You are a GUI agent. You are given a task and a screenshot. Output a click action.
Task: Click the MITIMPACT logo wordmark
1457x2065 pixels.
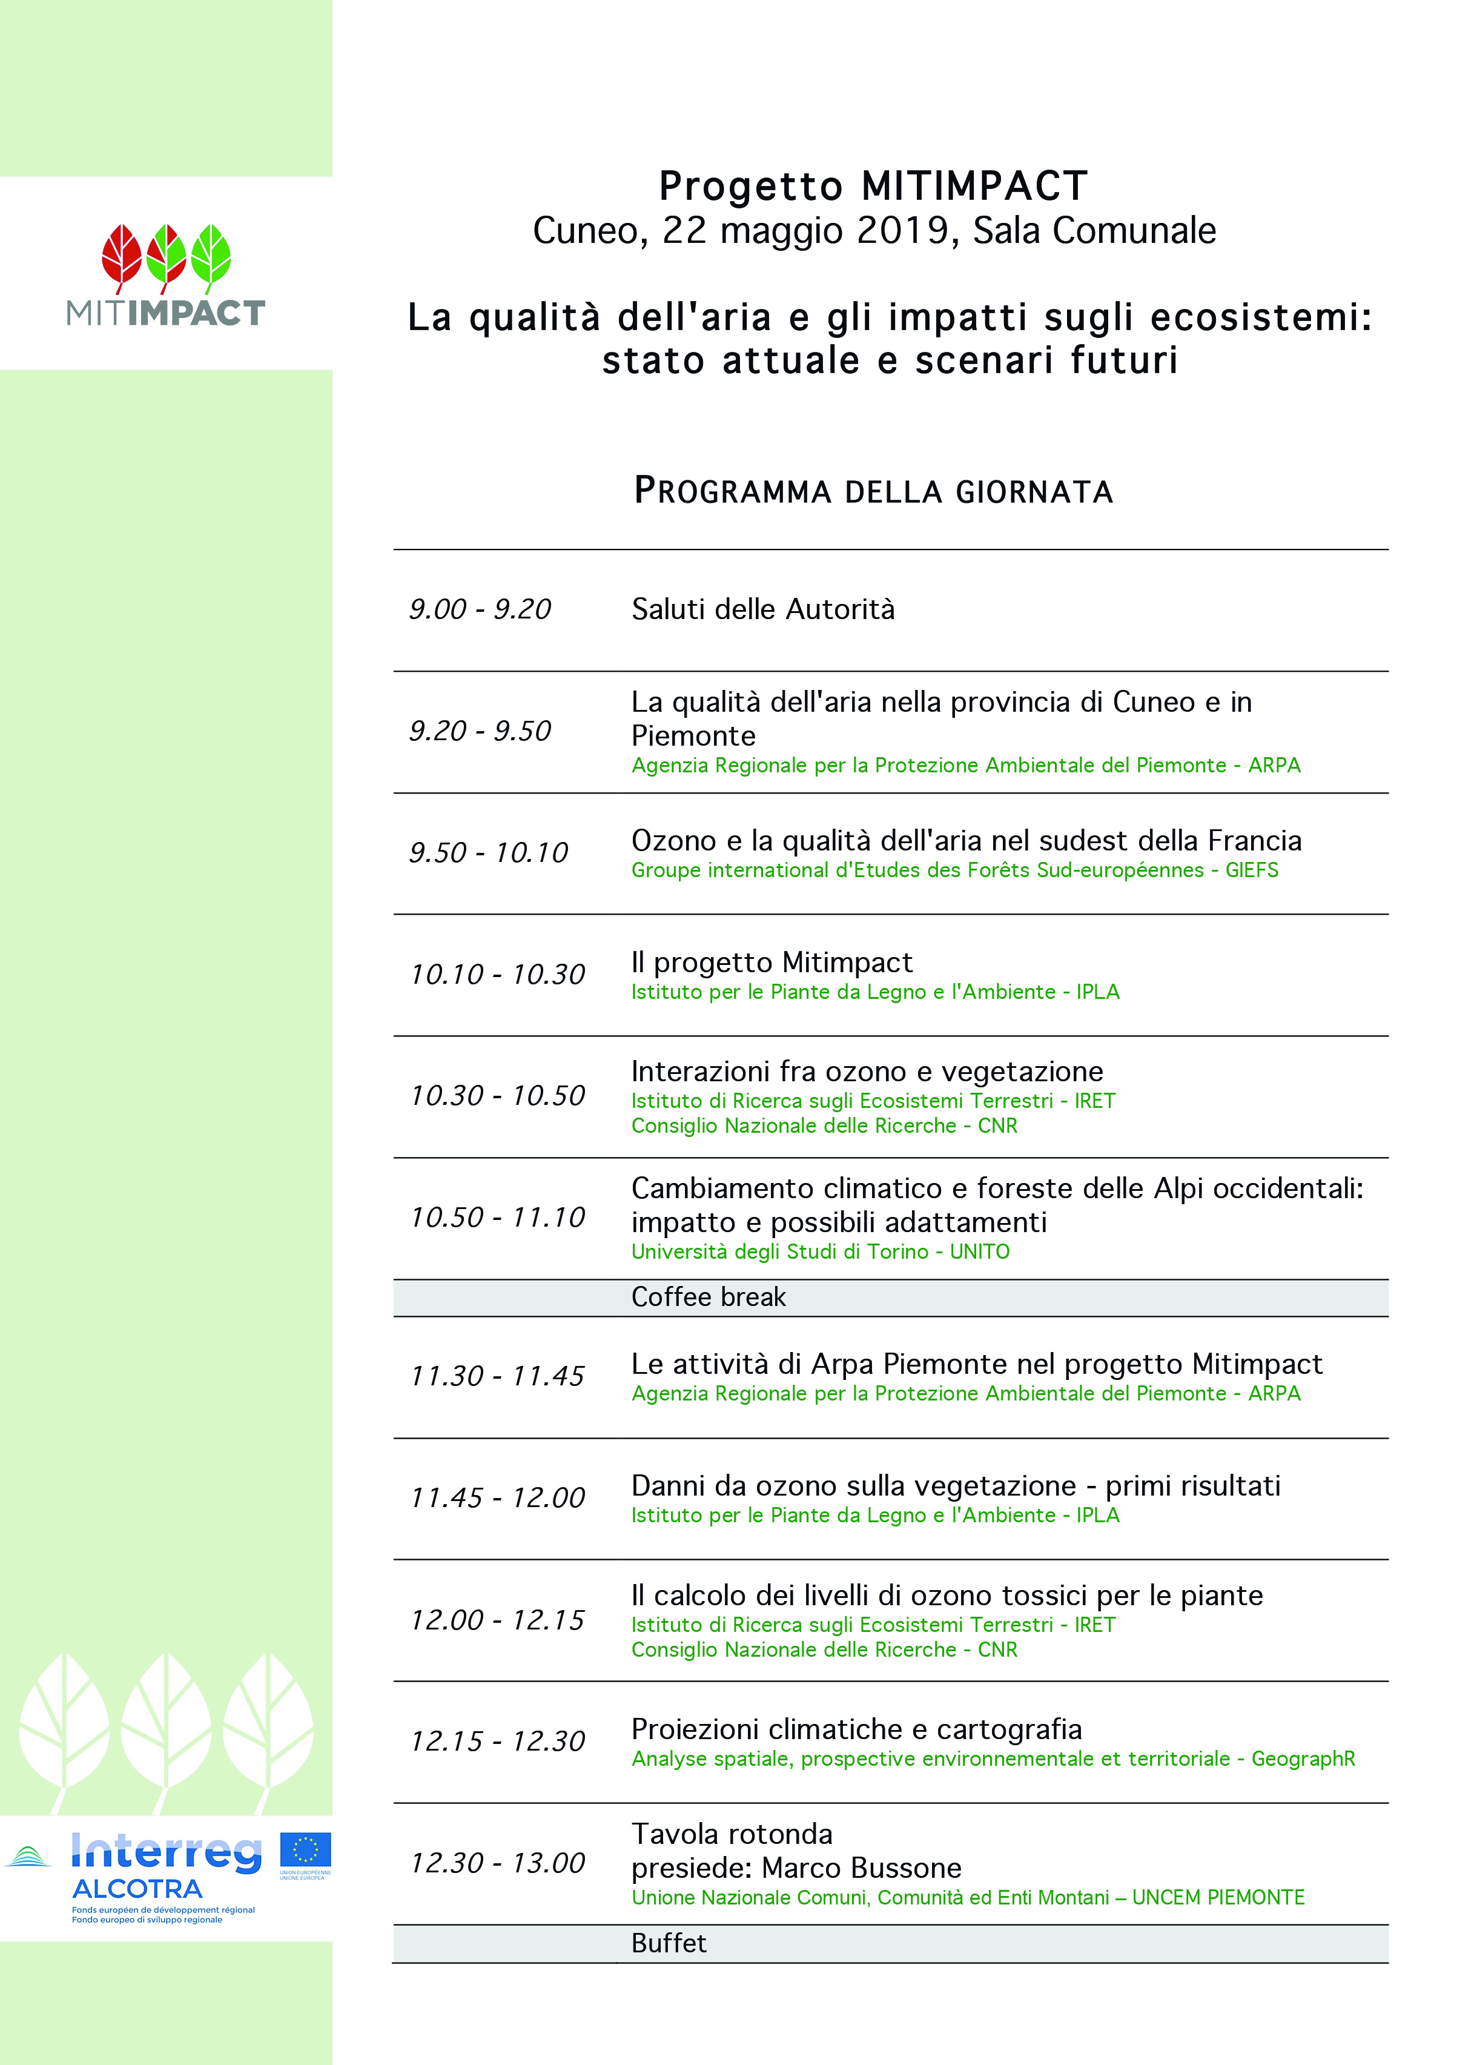165,313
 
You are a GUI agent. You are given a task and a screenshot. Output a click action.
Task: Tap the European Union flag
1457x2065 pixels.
305,1850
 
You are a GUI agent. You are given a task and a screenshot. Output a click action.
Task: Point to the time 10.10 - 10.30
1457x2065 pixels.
497,974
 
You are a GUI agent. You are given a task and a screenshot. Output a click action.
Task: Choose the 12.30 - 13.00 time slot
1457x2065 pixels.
497,1863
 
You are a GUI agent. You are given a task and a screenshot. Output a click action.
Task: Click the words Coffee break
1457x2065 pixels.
708,1297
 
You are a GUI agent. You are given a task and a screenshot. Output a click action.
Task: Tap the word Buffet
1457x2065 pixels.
668,1944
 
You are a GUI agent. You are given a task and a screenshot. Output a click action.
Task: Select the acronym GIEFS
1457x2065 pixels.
1251,870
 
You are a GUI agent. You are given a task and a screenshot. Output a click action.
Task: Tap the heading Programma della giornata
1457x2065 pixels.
873,491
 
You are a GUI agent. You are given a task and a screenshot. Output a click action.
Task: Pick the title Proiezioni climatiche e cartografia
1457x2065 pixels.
856,1729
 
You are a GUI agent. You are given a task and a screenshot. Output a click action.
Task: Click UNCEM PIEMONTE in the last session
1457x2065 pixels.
1218,1898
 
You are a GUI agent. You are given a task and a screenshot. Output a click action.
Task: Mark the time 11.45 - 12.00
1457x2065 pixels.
497,1497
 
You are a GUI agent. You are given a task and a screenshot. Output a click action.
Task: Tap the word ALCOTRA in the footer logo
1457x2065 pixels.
137,1889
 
